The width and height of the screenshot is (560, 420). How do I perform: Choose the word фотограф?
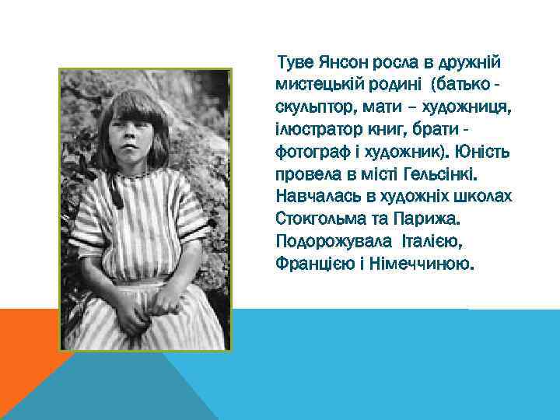(x=309, y=149)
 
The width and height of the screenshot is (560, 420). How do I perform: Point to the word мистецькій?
(x=319, y=83)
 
